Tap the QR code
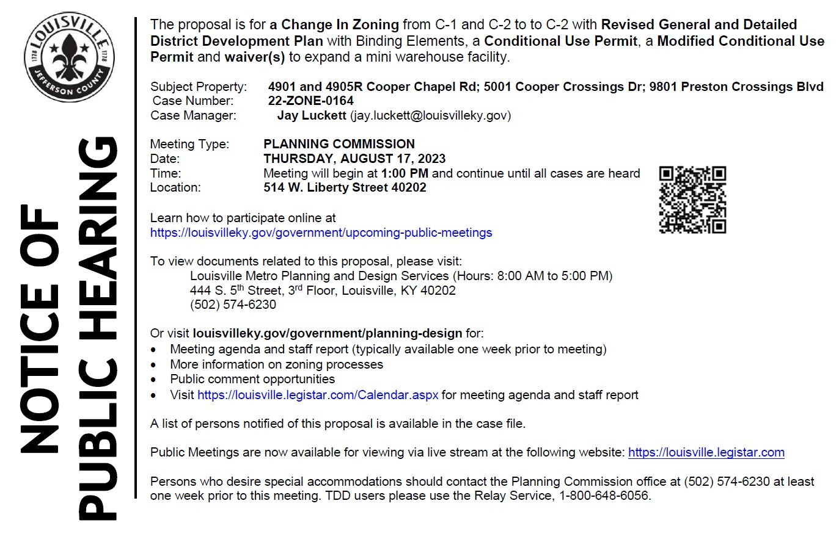pos(692,200)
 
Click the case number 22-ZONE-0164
pos(310,101)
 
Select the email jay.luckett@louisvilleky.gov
pos(430,115)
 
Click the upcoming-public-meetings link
pos(321,233)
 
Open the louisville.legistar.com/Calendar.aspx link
pos(318,395)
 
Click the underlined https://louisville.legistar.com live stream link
pos(706,452)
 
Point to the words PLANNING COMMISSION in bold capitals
pos(339,144)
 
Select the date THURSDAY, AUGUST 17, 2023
pos(354,159)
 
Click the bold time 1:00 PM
pos(405,173)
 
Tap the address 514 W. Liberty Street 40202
pos(345,187)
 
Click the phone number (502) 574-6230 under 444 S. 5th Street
pos(233,305)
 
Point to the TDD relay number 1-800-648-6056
pos(604,496)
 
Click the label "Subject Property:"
pos(199,87)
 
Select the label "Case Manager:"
pos(194,115)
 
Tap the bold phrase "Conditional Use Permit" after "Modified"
pos(741,41)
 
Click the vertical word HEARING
pos(99,238)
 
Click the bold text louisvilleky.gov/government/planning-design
pos(327,333)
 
